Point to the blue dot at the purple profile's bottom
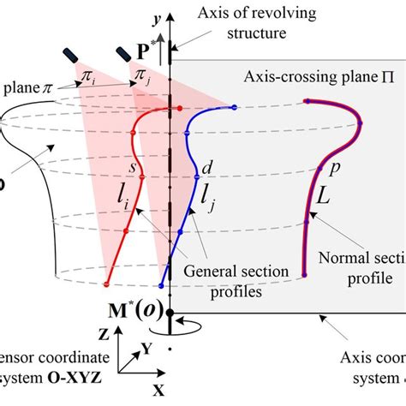[306, 274]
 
